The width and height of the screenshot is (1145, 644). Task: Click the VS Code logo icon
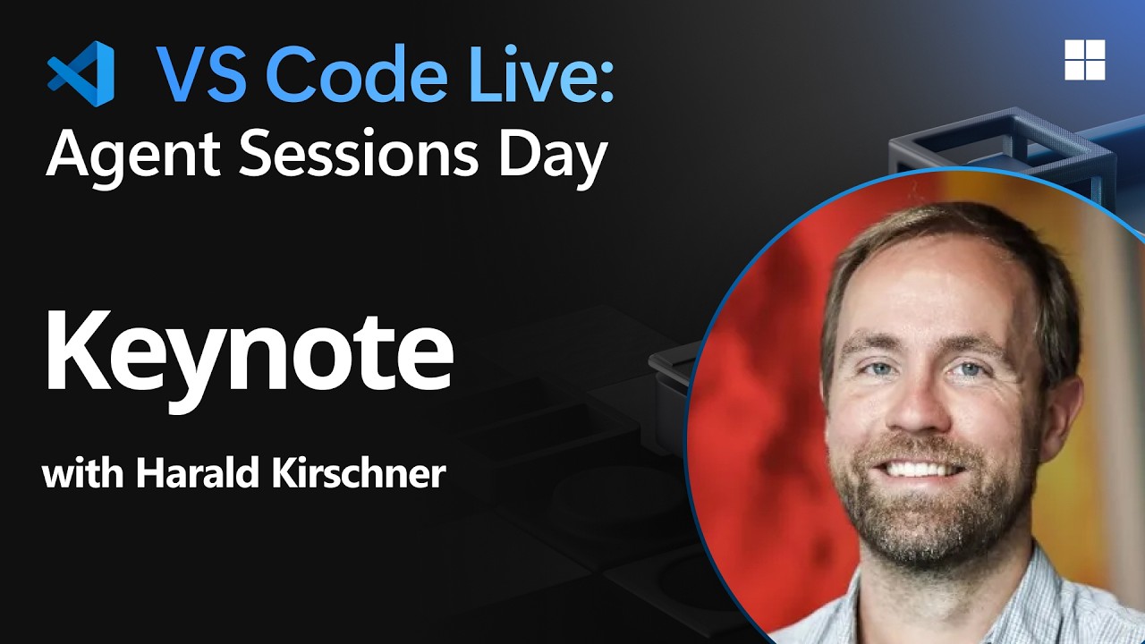tap(81, 73)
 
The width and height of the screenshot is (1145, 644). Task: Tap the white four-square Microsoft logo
tap(1084, 60)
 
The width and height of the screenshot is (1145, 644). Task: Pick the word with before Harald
tap(83, 473)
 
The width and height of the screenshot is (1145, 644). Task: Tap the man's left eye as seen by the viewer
tap(878, 369)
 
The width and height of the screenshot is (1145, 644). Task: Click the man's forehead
tap(930, 286)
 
